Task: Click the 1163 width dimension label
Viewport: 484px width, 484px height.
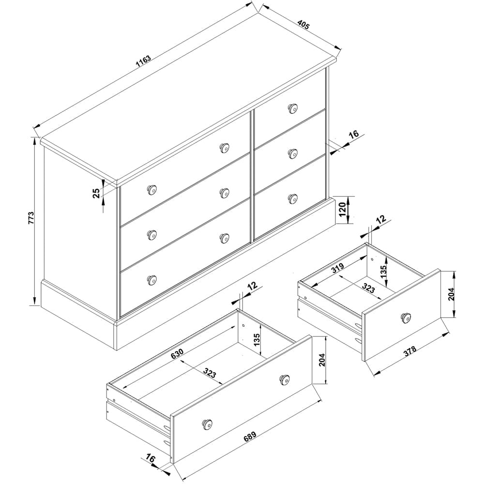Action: click(x=143, y=62)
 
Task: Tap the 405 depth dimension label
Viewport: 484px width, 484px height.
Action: click(x=303, y=25)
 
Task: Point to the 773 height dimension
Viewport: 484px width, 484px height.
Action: click(x=31, y=218)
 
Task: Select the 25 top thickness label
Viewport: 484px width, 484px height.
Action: click(x=97, y=193)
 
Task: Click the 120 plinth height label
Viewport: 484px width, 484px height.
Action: click(x=342, y=210)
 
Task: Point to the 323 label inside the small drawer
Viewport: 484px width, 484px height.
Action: click(x=368, y=288)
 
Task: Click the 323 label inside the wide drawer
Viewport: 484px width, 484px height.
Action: click(x=210, y=373)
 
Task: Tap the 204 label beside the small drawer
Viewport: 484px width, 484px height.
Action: click(x=452, y=294)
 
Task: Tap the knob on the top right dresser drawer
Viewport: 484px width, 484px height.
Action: click(x=292, y=108)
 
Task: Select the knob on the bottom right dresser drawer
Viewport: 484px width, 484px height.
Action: click(x=292, y=198)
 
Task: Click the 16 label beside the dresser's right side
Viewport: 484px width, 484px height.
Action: click(x=354, y=134)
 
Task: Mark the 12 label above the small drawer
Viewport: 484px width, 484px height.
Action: click(x=381, y=219)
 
